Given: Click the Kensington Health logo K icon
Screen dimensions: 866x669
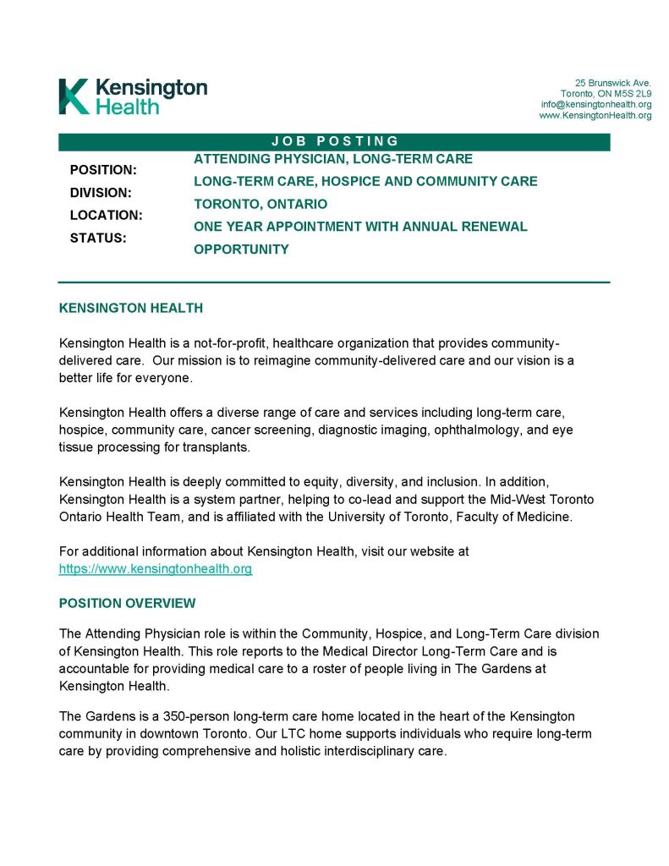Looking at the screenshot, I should (x=74, y=96).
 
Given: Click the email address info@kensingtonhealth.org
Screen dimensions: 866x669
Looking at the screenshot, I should (x=596, y=104).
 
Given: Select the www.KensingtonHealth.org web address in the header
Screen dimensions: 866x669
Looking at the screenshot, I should (x=595, y=115).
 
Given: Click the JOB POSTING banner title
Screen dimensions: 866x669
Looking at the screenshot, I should (x=335, y=141).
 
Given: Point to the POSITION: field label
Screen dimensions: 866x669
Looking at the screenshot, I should (x=103, y=170).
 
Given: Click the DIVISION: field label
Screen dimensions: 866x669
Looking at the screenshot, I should (x=101, y=193).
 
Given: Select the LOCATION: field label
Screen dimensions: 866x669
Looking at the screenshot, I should (x=106, y=216).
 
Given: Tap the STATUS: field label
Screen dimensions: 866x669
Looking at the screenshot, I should (x=98, y=238).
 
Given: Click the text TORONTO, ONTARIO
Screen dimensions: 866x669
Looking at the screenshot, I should (x=260, y=204).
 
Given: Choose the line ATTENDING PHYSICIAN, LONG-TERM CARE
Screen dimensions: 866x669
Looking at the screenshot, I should (x=333, y=159).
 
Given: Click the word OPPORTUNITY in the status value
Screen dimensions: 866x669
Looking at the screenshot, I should (x=241, y=249).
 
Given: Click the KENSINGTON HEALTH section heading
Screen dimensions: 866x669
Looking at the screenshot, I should (x=131, y=308).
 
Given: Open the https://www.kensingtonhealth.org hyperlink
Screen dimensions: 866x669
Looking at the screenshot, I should (x=156, y=569).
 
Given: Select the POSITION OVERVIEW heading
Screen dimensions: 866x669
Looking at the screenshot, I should (x=127, y=603).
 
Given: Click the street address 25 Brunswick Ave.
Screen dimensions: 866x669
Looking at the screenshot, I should (x=613, y=82).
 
